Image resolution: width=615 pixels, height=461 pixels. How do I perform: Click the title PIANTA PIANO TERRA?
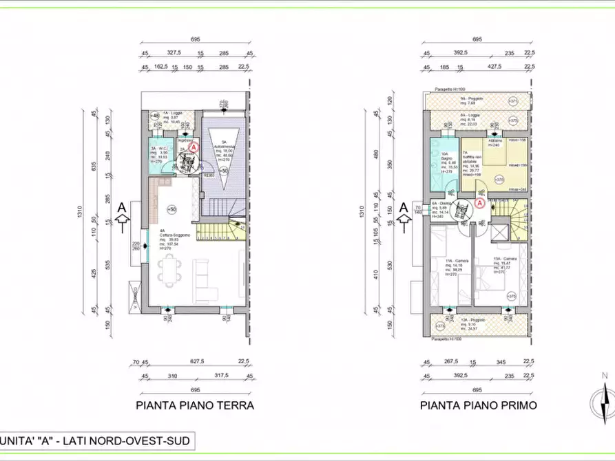[195, 405]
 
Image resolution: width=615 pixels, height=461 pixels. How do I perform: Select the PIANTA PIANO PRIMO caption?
[479, 405]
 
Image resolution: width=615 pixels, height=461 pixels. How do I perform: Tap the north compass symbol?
[604, 398]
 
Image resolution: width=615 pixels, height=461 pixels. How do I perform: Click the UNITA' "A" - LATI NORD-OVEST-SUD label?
[96, 439]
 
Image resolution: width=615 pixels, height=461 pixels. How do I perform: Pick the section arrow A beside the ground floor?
[122, 213]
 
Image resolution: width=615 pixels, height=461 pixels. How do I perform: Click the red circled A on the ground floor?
[194, 147]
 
